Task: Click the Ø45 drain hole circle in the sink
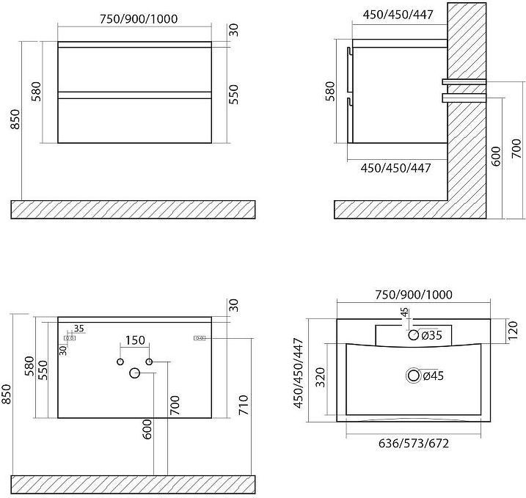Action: [414, 376]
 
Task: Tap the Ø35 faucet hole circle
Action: [414, 334]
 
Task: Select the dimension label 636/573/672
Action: [414, 443]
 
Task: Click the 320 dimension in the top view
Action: [321, 378]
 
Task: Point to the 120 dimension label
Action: [514, 331]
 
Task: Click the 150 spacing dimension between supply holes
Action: [135, 340]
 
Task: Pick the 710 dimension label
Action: [244, 405]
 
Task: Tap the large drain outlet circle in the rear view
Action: [134, 373]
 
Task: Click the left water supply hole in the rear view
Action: [120, 362]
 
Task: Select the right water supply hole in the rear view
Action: [149, 362]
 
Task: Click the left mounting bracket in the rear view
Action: [70, 338]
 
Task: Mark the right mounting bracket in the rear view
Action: [200, 338]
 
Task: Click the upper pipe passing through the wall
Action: [464, 81]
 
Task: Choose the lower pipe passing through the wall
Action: [464, 98]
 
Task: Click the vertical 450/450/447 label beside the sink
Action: [299, 373]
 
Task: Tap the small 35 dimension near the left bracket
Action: [78, 329]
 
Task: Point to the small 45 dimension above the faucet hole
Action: [405, 312]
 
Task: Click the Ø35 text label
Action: [432, 335]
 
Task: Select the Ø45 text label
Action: [434, 376]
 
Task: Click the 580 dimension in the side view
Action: [330, 91]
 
